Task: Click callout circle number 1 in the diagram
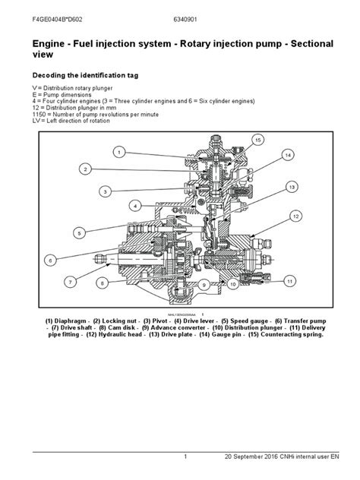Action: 118,152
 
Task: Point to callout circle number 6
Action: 49,261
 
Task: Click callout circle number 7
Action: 71,282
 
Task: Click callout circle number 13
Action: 291,186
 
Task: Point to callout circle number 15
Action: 258,141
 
